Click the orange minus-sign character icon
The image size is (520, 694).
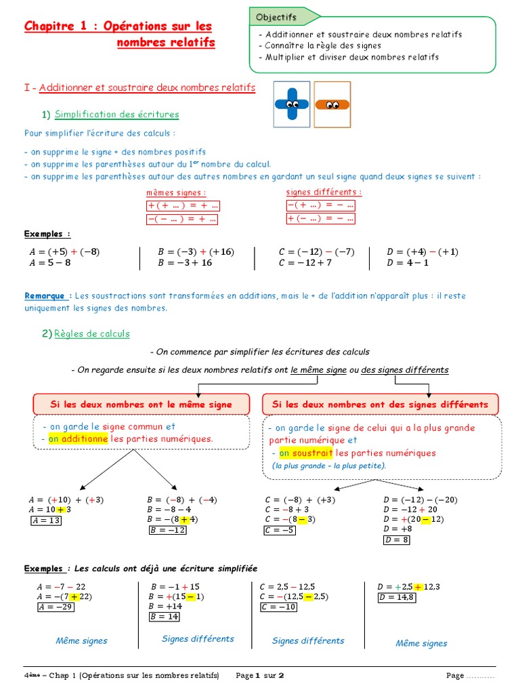tap(332, 104)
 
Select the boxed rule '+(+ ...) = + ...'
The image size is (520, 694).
tap(183, 206)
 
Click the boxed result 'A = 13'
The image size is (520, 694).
tap(45, 520)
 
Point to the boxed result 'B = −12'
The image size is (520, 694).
tap(167, 530)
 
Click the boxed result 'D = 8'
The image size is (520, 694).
tap(397, 540)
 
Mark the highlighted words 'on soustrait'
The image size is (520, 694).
tap(305, 453)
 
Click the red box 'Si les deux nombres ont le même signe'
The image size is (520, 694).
tap(141, 405)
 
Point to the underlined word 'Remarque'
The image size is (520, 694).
tap(45, 295)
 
